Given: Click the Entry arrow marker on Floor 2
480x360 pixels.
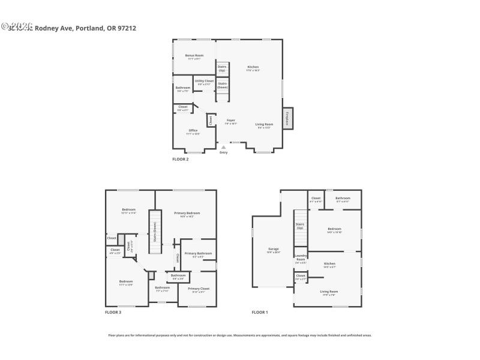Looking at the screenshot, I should tap(224, 146).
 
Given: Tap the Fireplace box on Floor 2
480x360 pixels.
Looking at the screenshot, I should tap(287, 119).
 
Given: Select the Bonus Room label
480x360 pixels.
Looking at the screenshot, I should tap(194, 56).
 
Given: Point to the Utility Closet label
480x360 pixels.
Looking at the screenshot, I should tap(204, 82).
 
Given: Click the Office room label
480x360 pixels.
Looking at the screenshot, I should tap(193, 131).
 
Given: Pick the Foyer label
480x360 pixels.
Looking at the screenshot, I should tap(231, 121).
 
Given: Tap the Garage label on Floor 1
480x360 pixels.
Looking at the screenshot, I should tap(274, 250).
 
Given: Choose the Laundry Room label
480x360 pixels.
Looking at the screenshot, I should tap(301, 259).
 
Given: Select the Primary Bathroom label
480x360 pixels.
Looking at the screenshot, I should tap(198, 254).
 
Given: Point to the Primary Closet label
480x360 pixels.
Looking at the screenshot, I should tap(198, 290).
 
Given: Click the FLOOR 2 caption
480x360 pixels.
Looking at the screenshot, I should tap(181, 159).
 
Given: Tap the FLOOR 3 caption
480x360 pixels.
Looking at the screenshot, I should tap(113, 313).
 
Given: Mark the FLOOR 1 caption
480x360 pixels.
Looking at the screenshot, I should tap(260, 313).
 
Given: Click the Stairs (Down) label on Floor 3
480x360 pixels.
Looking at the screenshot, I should tap(155, 231).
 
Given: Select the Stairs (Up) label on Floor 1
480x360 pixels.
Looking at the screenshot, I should tap(299, 226).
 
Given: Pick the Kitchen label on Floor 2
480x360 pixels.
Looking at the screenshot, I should tap(253, 68).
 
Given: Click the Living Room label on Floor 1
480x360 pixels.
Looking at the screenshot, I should tap(329, 292).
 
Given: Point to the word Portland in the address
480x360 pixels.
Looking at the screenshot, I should tap(89, 28).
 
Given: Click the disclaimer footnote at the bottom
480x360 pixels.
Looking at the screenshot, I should tap(240, 335).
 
